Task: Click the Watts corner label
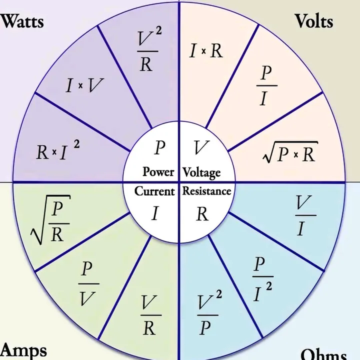[x=23, y=21]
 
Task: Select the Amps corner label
[x=24, y=350]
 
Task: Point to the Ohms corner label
[x=323, y=354]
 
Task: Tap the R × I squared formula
[x=57, y=151]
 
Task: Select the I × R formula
[x=206, y=50]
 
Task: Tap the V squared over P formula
[x=206, y=314]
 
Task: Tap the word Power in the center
[x=158, y=171]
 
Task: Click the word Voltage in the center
[x=201, y=172]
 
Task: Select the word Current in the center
[x=155, y=191]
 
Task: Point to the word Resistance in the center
[x=206, y=191]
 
